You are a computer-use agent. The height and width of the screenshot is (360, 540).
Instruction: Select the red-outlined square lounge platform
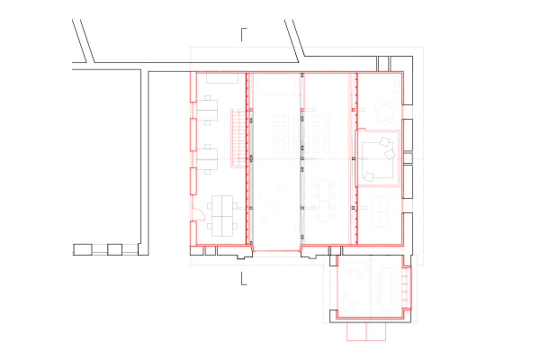tap(379, 157)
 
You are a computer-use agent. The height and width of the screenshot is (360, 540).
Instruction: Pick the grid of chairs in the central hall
tap(298, 134)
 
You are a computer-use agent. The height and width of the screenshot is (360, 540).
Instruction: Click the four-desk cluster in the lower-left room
tap(220, 214)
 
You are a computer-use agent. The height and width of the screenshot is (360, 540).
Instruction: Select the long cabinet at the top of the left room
tap(220, 79)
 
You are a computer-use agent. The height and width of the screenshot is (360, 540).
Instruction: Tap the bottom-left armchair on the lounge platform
tap(368, 175)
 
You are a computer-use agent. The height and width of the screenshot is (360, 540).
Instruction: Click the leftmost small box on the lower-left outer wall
tap(83, 248)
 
